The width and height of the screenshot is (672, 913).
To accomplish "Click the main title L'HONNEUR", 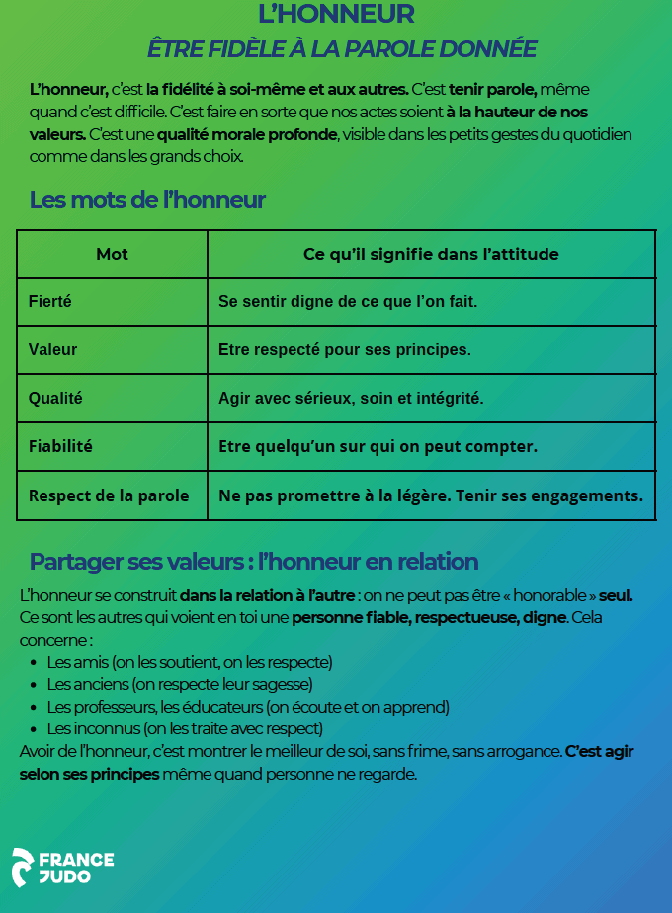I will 336,14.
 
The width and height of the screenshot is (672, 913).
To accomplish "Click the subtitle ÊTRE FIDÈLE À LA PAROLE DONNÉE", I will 342,48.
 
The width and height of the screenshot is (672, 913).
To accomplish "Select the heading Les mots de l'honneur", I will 147,200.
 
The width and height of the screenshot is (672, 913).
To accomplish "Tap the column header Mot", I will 112,255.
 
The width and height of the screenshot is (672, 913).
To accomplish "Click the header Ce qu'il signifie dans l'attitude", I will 431,255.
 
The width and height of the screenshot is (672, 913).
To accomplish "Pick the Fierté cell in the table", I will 50,302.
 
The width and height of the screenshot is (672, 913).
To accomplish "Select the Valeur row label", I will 53,349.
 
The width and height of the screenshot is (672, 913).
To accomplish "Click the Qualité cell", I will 55,398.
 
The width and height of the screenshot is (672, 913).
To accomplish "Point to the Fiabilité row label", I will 60,446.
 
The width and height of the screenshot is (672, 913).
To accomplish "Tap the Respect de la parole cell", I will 109,495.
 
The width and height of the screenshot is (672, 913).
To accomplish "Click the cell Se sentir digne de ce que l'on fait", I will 348,302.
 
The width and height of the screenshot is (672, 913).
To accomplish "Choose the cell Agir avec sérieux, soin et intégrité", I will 351,398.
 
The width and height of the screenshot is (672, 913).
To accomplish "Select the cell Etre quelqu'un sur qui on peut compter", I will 378,446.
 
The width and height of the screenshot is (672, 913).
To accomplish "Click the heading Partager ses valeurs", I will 254,562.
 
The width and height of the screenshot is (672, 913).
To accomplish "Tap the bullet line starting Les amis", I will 189,661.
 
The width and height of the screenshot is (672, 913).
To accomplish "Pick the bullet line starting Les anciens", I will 179,683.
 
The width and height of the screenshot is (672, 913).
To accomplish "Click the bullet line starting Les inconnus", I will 184,728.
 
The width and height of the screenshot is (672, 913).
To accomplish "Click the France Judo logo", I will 62,867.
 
